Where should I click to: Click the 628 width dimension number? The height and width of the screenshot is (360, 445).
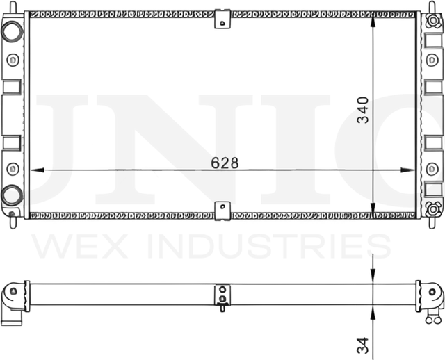225,163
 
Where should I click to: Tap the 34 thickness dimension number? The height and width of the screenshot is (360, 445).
363,343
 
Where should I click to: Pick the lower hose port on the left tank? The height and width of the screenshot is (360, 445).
11,195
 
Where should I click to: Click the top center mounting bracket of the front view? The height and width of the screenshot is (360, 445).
222,19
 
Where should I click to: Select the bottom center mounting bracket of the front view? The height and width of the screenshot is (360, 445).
222,208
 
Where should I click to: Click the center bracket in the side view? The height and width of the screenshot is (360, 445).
222,295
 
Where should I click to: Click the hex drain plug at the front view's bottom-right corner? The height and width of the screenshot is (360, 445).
434,206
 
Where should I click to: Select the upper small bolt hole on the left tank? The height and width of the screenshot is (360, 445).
11,59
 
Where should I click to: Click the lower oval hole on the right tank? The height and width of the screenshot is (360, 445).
432,167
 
